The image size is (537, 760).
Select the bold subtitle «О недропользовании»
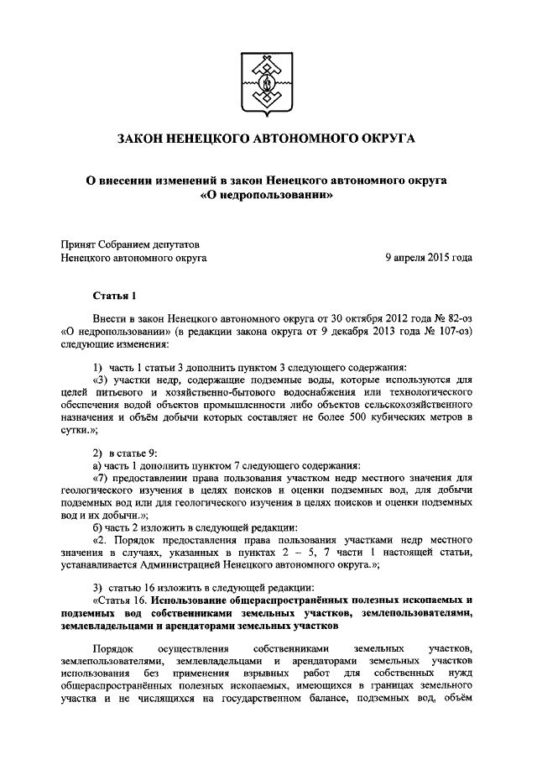coord(268,197)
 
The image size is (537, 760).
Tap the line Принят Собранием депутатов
coord(127,244)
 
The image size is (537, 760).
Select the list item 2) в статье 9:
coord(124,453)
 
